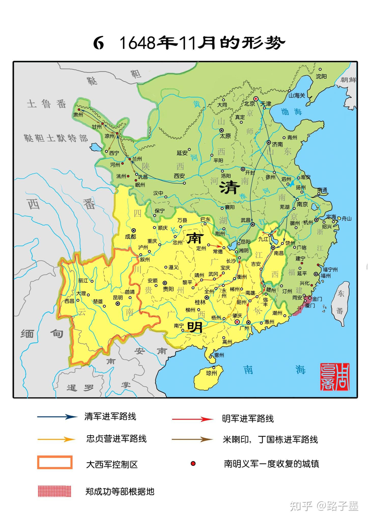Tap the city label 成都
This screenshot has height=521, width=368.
click(131, 237)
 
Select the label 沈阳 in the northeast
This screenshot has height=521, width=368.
click(321, 76)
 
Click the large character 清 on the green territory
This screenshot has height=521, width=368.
click(230, 188)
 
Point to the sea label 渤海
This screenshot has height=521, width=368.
click(292, 112)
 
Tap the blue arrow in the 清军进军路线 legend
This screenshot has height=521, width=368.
click(57, 417)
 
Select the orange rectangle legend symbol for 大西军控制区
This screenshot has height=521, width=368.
click(55, 462)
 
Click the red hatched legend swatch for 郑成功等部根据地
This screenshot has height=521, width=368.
click(54, 491)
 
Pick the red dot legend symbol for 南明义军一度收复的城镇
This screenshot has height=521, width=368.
click(193, 464)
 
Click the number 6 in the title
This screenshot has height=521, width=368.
click(98, 43)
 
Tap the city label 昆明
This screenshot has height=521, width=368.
click(118, 298)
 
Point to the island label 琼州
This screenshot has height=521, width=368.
click(211, 373)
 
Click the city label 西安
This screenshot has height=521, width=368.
click(179, 176)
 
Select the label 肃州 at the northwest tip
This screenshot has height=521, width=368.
click(78, 115)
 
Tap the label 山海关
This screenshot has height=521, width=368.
click(296, 95)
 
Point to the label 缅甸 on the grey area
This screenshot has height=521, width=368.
click(42, 334)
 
